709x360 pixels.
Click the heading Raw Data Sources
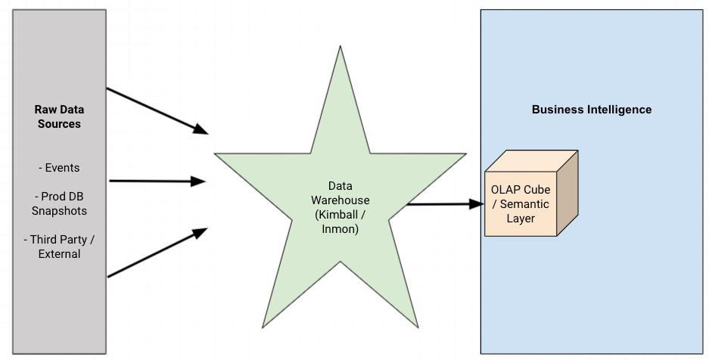58,116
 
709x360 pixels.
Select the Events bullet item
58,168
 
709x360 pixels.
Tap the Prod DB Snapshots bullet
59,203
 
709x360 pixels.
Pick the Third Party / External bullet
59,247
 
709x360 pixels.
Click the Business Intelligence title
591,110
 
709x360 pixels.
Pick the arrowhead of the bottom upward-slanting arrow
200,232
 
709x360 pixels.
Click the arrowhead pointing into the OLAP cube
477,203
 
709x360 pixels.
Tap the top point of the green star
337,48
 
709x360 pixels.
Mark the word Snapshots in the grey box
59,211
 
